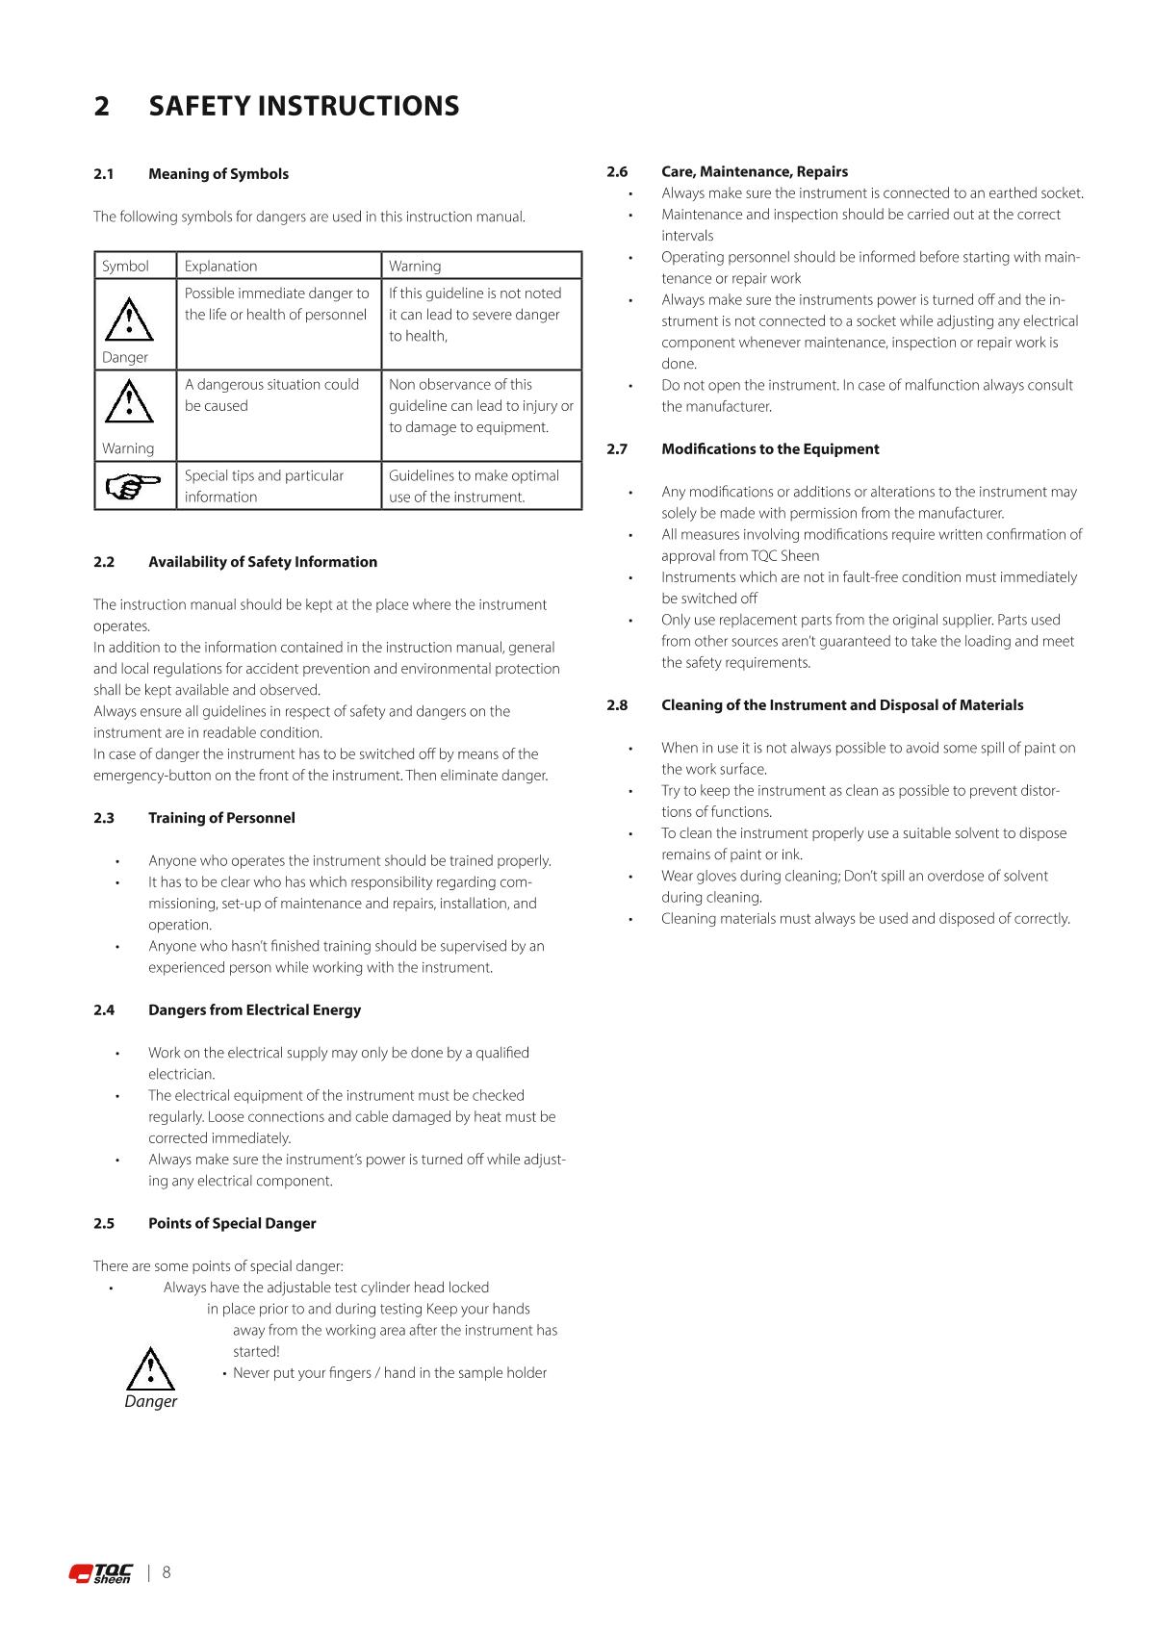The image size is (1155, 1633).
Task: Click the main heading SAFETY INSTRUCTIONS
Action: (304, 106)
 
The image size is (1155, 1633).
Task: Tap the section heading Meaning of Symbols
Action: (218, 174)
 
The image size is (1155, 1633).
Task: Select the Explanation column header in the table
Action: (220, 267)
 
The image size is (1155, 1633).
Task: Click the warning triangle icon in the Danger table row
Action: (129, 319)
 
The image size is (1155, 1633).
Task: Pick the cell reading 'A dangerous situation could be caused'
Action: (271, 395)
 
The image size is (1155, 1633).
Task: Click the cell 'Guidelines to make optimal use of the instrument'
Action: (474, 486)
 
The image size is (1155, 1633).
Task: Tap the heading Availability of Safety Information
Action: (262, 562)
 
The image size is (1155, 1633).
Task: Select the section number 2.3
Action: (104, 818)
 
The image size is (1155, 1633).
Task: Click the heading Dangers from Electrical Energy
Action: (254, 1010)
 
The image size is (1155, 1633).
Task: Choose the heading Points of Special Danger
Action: (232, 1224)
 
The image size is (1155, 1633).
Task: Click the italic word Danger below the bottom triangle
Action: (151, 1402)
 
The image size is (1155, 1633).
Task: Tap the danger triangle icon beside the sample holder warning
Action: (151, 1369)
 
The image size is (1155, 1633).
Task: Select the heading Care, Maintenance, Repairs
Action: (754, 172)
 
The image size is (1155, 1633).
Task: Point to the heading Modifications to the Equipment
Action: (770, 449)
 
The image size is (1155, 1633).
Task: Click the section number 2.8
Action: (617, 705)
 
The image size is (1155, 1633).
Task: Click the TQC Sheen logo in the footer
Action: (101, 1573)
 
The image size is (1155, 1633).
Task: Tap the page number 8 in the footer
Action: (167, 1572)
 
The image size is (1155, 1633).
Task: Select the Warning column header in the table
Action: (415, 267)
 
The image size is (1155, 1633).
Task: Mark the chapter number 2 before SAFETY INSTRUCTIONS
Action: (102, 106)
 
